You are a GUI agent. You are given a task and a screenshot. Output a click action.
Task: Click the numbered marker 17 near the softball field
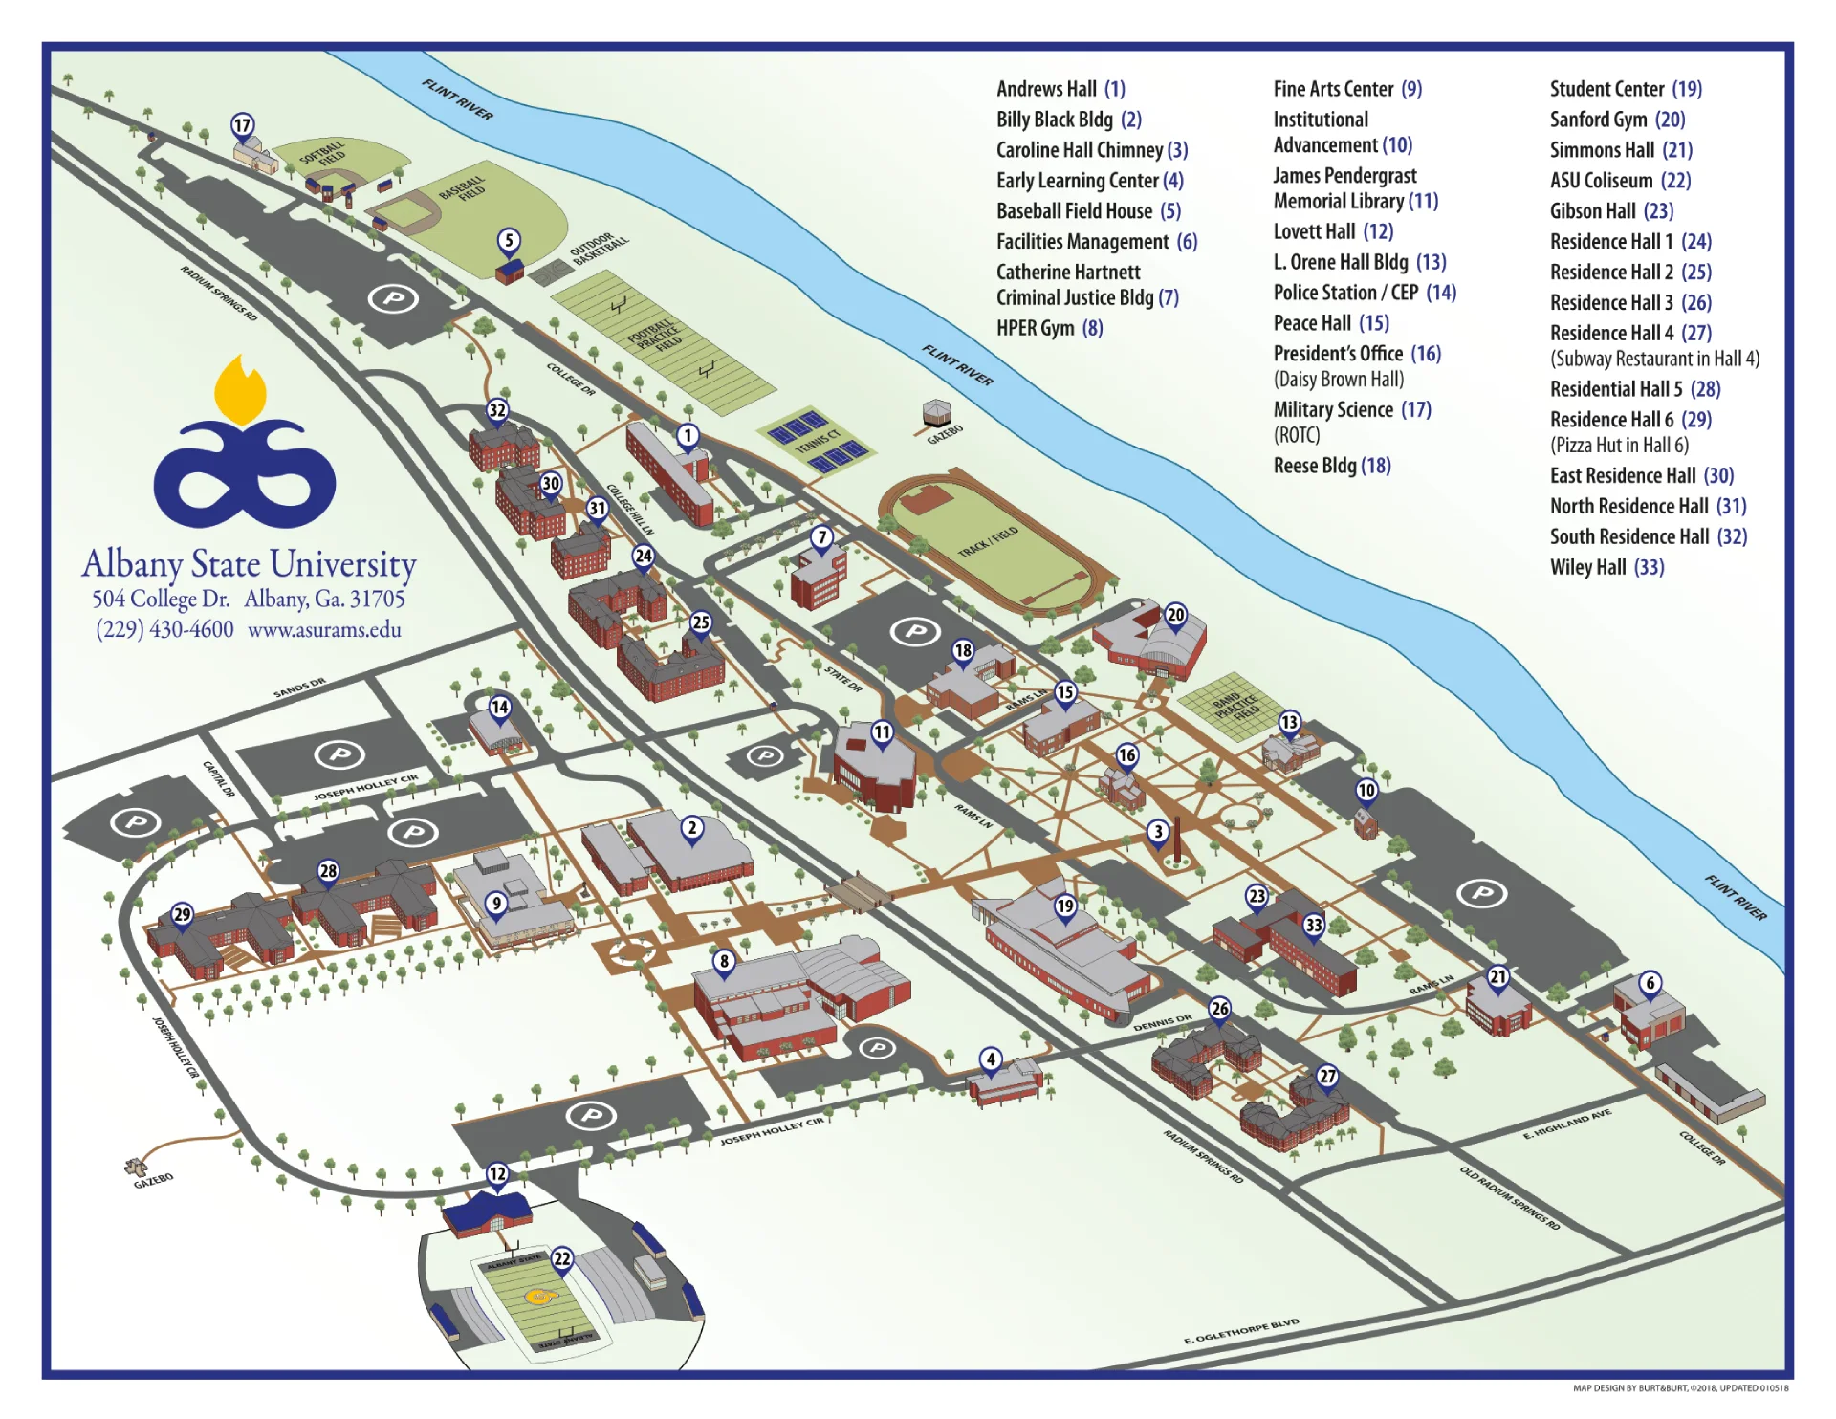[x=243, y=125]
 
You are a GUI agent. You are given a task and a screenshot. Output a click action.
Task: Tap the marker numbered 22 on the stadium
[x=562, y=1258]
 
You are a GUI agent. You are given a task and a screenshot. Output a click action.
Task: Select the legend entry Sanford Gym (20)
[x=1617, y=120]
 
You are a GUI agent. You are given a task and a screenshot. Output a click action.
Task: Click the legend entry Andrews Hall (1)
[x=1060, y=89]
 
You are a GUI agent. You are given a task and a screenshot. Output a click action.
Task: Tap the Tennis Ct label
[x=818, y=442]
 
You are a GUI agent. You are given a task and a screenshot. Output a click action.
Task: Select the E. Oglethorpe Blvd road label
[x=1241, y=1332]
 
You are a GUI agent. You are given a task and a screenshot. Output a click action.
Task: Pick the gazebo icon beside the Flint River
[x=936, y=413]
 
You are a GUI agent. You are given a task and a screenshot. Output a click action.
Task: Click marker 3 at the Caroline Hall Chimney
[x=1158, y=831]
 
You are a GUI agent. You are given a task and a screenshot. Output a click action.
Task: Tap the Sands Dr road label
[x=299, y=687]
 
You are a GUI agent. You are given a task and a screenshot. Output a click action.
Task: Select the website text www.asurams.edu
[x=324, y=629]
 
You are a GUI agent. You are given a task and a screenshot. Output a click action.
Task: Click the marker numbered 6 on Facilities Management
[x=1650, y=983]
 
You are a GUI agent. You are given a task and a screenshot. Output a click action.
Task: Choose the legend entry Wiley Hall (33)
[x=1606, y=567]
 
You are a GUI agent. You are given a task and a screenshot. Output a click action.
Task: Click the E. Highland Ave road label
[x=1567, y=1124]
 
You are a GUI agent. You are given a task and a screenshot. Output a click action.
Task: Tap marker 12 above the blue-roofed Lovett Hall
[x=497, y=1173]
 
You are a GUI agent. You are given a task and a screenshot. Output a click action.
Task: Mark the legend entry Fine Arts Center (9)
[x=1347, y=89]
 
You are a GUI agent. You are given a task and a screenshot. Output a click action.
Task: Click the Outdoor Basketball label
[x=599, y=250]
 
